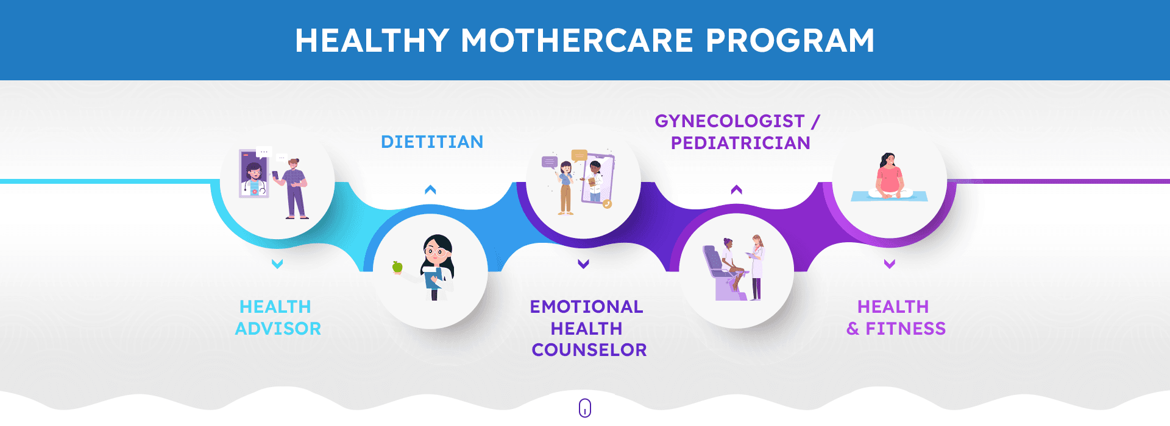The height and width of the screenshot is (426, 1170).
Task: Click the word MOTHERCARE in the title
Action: [577, 41]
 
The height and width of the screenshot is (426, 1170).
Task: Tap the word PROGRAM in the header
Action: [790, 41]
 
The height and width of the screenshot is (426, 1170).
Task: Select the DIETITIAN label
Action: [432, 142]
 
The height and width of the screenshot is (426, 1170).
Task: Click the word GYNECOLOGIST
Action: [729, 121]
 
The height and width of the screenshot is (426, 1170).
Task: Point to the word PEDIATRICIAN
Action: [740, 143]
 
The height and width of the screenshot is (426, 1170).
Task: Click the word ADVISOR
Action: [278, 329]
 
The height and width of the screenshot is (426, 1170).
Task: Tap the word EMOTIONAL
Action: [586, 307]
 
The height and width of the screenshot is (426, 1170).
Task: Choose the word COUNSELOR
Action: [589, 350]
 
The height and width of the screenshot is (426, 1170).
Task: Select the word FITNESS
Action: [906, 329]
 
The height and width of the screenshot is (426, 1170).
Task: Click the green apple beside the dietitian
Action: [397, 267]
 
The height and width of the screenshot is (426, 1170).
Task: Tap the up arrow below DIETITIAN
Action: [430, 190]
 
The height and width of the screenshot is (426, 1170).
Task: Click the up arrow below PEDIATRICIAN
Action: [736, 190]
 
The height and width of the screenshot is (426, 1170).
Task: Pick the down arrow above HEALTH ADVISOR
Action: [277, 264]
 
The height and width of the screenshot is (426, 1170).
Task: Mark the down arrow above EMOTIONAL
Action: [583, 264]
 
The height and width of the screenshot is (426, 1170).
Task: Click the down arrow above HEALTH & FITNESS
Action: [890, 264]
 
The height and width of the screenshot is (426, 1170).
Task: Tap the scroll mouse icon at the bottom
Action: [585, 408]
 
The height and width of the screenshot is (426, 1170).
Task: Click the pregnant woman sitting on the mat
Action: [890, 176]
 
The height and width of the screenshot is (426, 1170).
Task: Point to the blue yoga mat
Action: [889, 197]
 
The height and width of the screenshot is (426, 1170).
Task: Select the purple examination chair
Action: [723, 274]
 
